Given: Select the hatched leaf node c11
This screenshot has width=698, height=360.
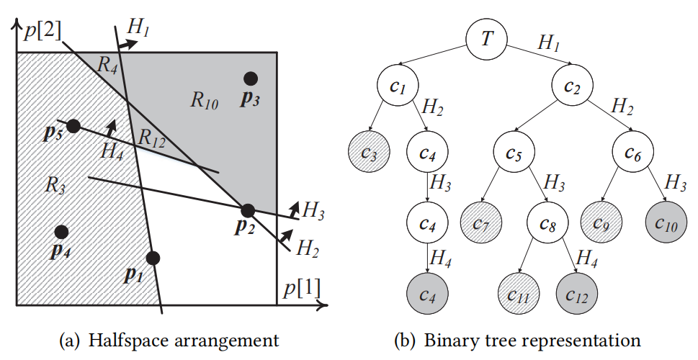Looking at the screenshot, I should [x=519, y=294].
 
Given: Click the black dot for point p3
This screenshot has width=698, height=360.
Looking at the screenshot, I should [x=250, y=78].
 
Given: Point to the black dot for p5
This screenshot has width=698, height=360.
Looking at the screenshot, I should [x=73, y=126].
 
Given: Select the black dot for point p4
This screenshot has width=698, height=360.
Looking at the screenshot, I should [x=61, y=232].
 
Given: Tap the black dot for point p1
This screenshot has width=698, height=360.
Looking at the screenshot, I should [x=153, y=257].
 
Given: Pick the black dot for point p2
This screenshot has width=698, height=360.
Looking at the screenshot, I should [x=248, y=210].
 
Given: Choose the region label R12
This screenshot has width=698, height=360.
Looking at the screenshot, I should [x=152, y=138].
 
